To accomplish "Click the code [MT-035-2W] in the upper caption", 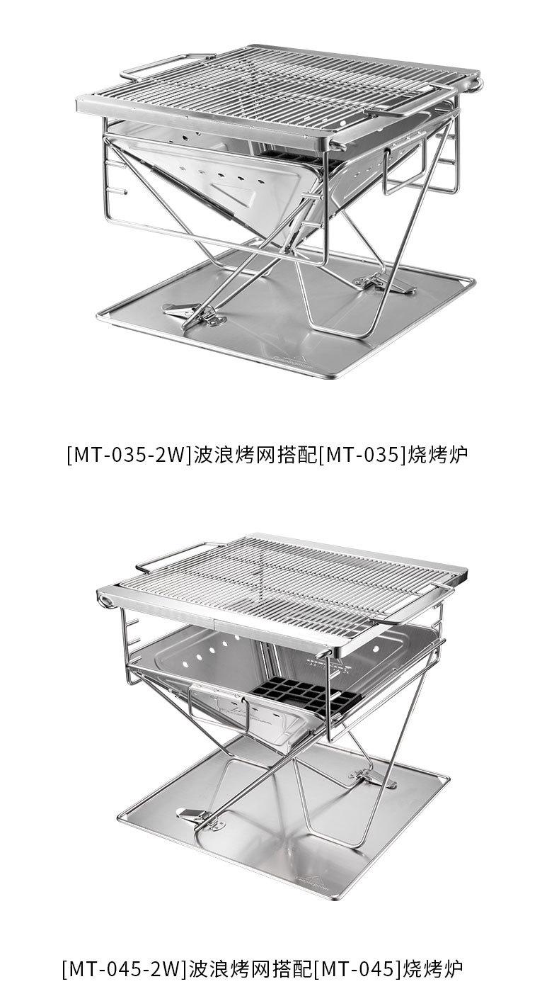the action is click(129, 454).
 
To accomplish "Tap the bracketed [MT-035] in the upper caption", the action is click(363, 454).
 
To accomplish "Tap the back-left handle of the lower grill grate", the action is click(170, 556).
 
